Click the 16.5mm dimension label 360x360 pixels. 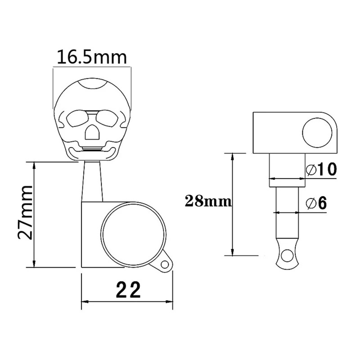click(x=91, y=58)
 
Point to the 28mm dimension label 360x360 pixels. click(x=208, y=202)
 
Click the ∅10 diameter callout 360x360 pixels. click(x=321, y=170)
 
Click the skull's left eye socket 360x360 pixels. click(x=76, y=119)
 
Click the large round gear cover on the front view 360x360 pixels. click(x=134, y=234)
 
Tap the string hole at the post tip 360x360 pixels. click(x=284, y=257)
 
